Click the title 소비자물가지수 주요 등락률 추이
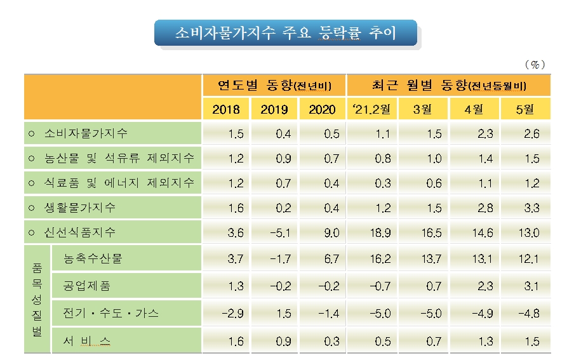pyautogui.click(x=285, y=33)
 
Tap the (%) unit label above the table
pyautogui.click(x=535, y=65)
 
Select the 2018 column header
pyautogui.click(x=226, y=109)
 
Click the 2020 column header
pyautogui.click(x=323, y=109)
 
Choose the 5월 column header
pyautogui.click(x=526, y=109)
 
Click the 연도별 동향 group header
pyautogui.click(x=274, y=85)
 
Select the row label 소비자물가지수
pyautogui.click(x=86, y=134)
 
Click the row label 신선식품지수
pyautogui.click(x=80, y=232)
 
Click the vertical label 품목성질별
pyautogui.click(x=37, y=300)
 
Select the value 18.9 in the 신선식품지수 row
pyautogui.click(x=378, y=233)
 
